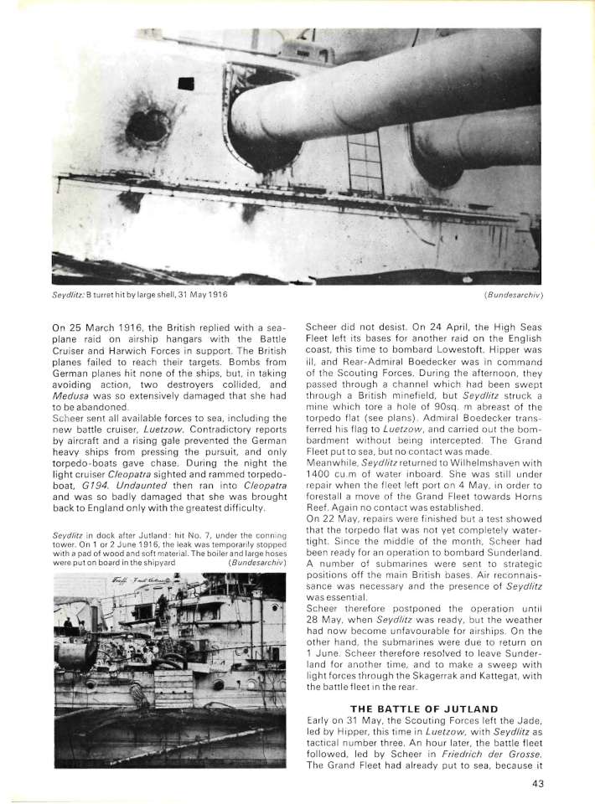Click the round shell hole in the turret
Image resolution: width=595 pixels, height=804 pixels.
click(x=147, y=126)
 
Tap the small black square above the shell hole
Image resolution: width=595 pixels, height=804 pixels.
click(x=186, y=82)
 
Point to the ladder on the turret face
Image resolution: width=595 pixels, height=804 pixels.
click(x=365, y=163)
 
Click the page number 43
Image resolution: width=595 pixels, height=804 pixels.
click(x=539, y=784)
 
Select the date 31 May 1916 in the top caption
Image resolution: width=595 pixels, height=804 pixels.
click(x=199, y=295)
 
